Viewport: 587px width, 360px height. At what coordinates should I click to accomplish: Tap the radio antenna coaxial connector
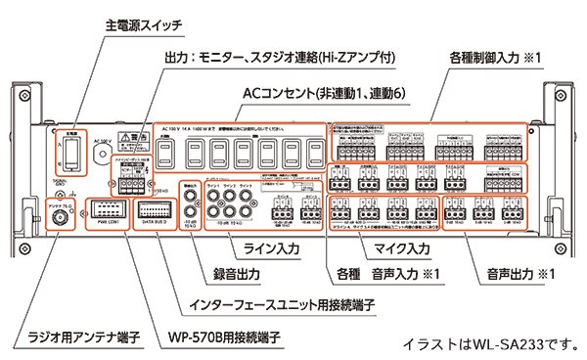(x=58, y=209)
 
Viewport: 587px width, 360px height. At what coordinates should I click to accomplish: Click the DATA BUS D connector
(x=157, y=209)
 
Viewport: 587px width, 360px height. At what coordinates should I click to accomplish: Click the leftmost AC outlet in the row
(x=170, y=155)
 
